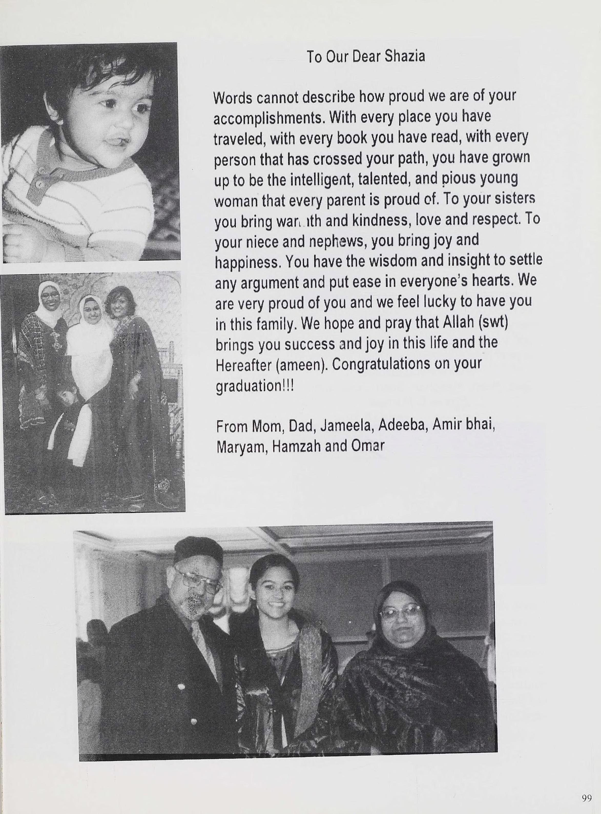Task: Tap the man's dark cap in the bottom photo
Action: tap(198, 551)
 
